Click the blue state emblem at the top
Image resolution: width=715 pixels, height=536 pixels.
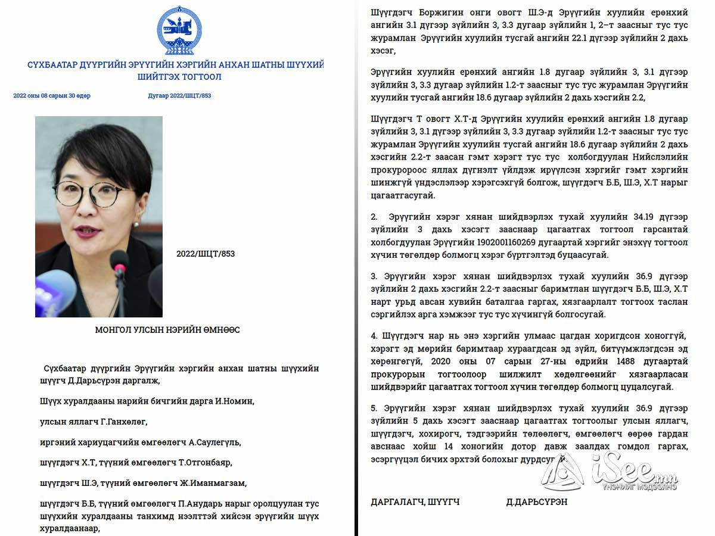coord(179,30)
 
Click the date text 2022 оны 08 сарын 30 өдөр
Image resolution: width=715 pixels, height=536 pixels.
coord(52,96)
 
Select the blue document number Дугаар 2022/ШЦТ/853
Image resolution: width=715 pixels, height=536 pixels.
coord(179,96)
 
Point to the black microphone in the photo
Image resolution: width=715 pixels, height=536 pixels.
coord(119,262)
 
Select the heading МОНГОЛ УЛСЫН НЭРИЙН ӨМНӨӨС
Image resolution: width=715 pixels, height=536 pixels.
coord(167,330)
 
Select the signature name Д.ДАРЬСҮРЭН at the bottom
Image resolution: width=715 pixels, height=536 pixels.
coord(536,502)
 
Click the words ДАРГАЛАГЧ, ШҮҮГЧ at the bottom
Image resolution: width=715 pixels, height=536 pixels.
coord(415,502)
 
